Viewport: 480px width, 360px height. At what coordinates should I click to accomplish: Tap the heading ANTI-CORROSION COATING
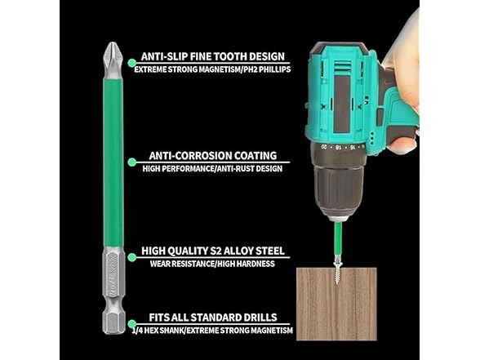[212, 155]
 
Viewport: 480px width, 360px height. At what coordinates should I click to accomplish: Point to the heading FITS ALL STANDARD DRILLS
[212, 317]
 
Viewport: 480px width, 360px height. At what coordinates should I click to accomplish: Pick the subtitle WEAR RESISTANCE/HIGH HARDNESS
[211, 264]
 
